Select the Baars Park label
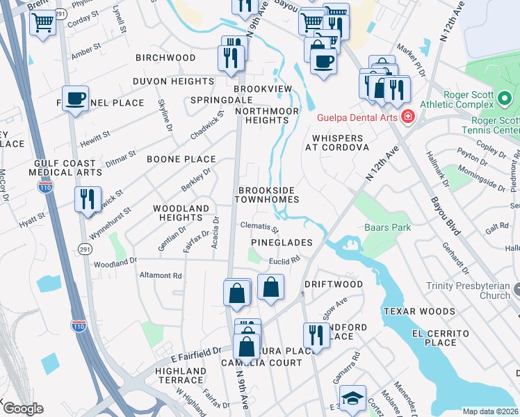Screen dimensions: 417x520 point(387,227)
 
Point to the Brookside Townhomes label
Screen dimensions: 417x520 point(268,195)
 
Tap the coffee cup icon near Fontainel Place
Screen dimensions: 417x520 point(75,99)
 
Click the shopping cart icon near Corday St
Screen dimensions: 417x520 point(42,24)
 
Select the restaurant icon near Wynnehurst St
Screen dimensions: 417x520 point(88,198)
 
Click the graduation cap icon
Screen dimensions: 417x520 point(353,398)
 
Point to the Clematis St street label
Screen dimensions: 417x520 point(259,227)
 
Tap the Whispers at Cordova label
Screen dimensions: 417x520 point(334,142)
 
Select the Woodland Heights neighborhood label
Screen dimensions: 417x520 point(181,213)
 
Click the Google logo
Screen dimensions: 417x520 point(22,409)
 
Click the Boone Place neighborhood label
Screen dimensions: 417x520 point(181,159)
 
